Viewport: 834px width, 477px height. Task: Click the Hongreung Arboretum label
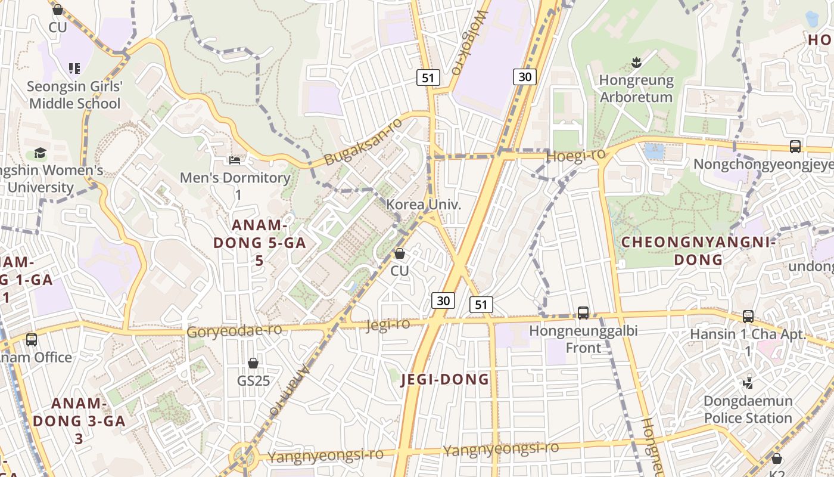636,88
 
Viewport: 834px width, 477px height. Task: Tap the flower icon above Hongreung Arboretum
636,62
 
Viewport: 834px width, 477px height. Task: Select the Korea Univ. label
424,205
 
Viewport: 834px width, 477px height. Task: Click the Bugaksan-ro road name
363,141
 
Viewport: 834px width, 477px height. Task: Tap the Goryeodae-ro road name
234,331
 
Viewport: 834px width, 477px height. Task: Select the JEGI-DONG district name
445,379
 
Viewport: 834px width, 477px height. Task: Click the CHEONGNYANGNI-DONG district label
698,251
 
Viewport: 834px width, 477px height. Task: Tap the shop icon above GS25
253,363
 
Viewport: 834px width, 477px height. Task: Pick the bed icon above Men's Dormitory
235,160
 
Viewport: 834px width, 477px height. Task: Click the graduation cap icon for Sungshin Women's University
40,153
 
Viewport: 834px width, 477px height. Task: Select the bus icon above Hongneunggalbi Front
583,312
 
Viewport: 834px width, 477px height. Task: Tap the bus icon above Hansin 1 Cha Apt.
748,316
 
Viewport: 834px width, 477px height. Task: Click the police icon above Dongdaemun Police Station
748,383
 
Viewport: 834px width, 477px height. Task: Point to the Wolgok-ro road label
468,42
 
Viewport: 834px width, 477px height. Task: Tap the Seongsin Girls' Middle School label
74,95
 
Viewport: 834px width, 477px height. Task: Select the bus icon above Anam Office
32,340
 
